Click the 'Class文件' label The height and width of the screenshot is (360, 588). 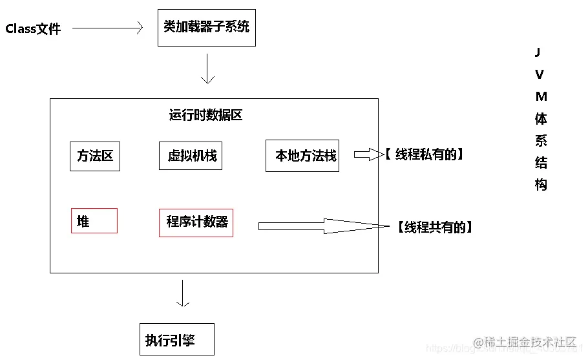(x=33, y=29)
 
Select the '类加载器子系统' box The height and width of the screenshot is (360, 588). (x=206, y=27)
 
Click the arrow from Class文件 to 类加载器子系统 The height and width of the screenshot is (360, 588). (x=107, y=28)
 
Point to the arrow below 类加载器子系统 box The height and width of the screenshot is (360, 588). (x=207, y=69)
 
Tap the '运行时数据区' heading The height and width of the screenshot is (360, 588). (x=205, y=116)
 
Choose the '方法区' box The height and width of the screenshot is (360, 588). (x=95, y=156)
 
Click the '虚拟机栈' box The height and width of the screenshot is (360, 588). (x=191, y=156)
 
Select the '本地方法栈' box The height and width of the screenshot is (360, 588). (x=302, y=156)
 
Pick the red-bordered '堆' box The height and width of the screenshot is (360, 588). (x=94, y=221)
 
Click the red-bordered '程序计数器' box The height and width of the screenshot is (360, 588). (x=196, y=222)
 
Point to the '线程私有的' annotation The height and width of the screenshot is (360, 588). (x=425, y=154)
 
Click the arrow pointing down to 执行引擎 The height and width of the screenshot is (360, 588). (x=183, y=295)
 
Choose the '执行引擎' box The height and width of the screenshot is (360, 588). (x=176, y=340)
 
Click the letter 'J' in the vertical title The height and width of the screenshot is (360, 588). (x=540, y=52)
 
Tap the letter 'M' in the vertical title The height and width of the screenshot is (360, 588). (x=541, y=96)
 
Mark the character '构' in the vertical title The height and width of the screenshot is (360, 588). (x=541, y=185)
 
